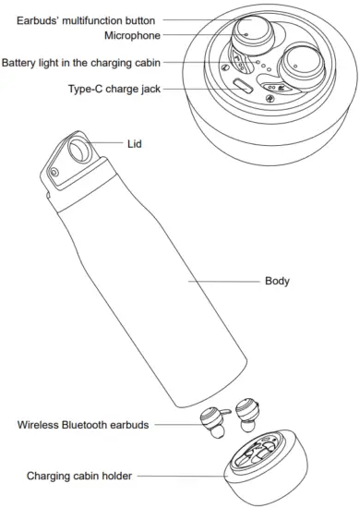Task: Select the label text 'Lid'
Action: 136,144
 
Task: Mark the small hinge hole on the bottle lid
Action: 54,172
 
